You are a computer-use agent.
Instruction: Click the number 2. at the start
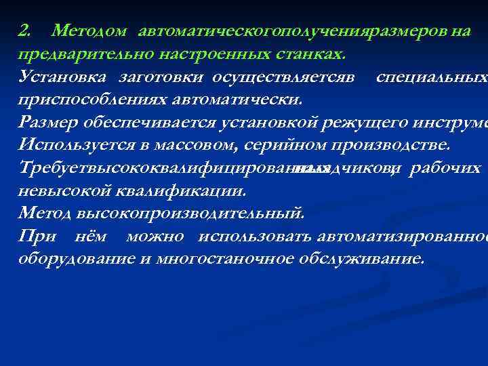click(24, 30)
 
